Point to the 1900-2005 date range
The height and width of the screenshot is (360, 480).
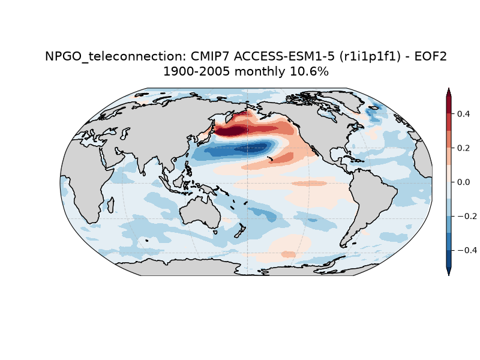pyautogui.click(x=197, y=71)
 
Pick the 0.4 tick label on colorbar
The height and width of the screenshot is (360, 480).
pyautogui.click(x=463, y=114)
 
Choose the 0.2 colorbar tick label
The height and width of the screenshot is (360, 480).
pyautogui.click(x=463, y=148)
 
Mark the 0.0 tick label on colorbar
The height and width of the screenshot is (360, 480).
pyautogui.click(x=463, y=182)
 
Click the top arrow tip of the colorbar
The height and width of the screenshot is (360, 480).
pyautogui.click(x=448, y=88)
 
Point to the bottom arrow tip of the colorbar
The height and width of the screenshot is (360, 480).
pyautogui.click(x=448, y=275)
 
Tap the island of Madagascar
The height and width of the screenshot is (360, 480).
pyautogui.click(x=111, y=205)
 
